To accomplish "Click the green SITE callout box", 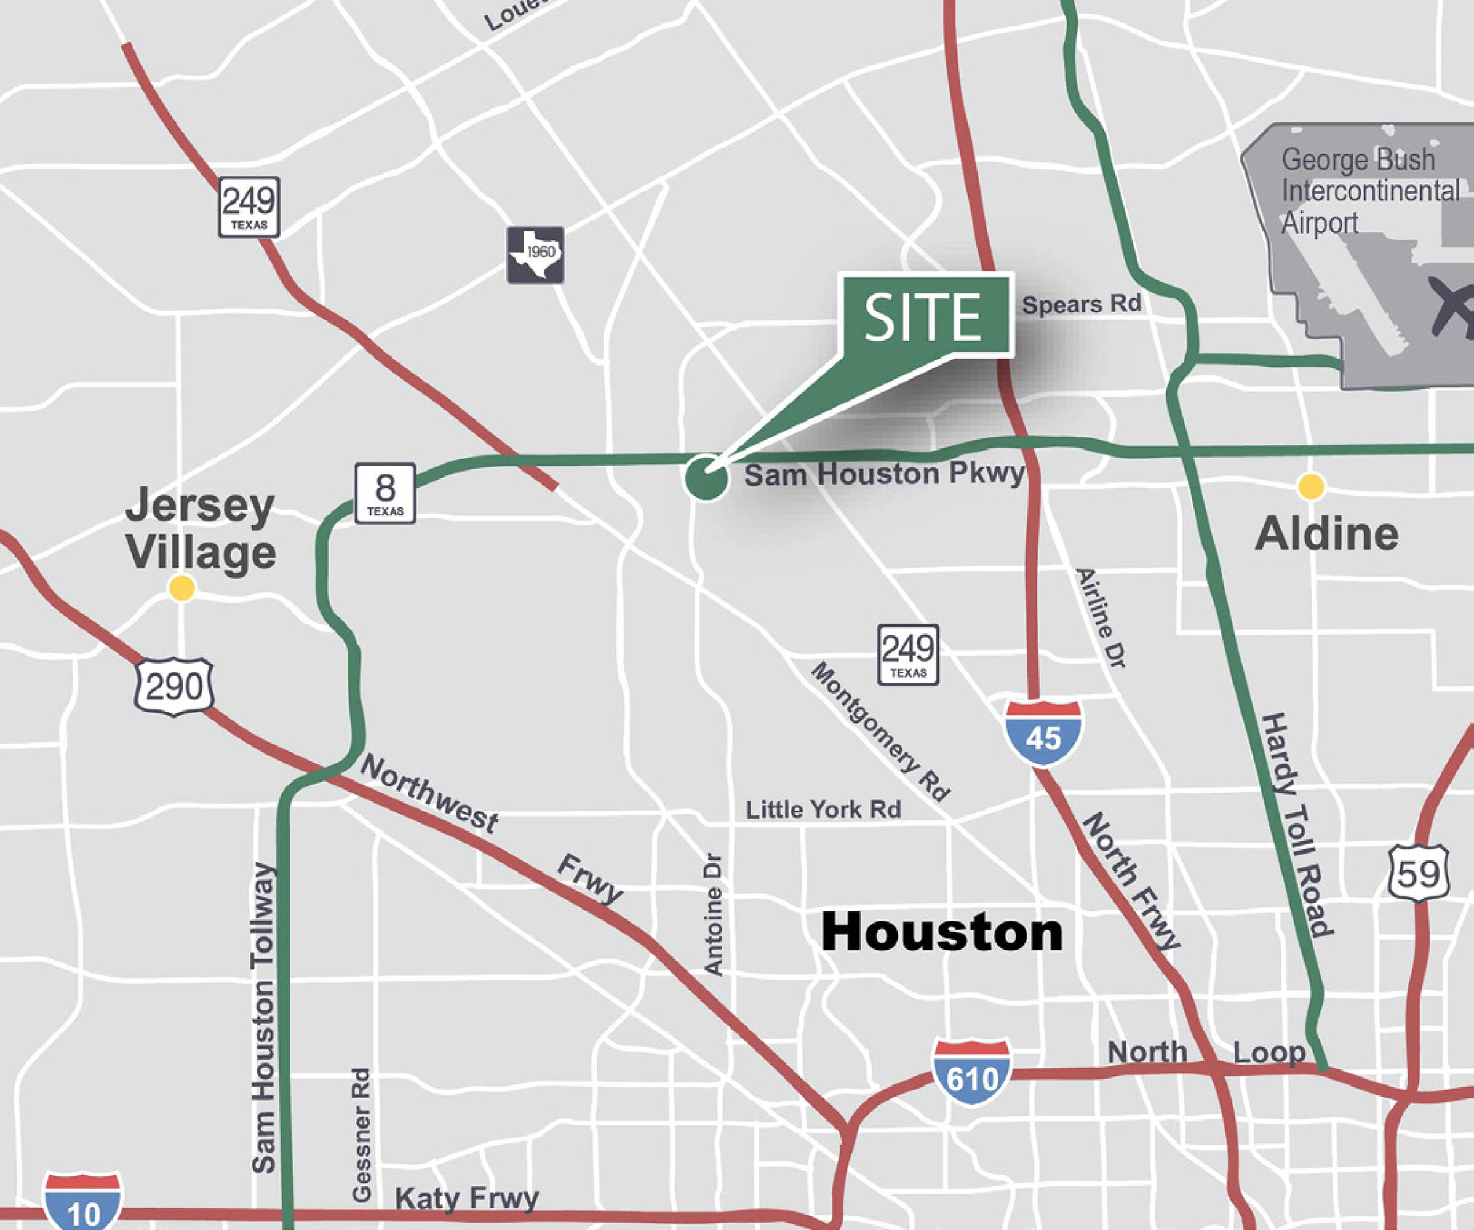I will pyautogui.click(x=926, y=315).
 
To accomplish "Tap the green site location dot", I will pyautogui.click(x=706, y=478).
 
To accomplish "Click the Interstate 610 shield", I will pyautogui.click(x=971, y=1072).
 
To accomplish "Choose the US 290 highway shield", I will pyautogui.click(x=174, y=686).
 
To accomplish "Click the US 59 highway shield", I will pyautogui.click(x=1418, y=873).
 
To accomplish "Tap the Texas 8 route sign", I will pyautogui.click(x=384, y=493).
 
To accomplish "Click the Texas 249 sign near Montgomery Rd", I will pyautogui.click(x=908, y=654).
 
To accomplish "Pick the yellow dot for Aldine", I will pyautogui.click(x=1310, y=486).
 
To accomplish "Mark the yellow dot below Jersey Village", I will pyautogui.click(x=182, y=588).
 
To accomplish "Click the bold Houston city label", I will pyautogui.click(x=942, y=932).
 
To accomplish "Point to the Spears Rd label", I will pyautogui.click(x=1081, y=304).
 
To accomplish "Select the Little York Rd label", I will pyautogui.click(x=823, y=810).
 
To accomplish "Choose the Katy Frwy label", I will pyautogui.click(x=467, y=1198).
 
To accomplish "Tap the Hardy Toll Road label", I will pyautogui.click(x=1296, y=825).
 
